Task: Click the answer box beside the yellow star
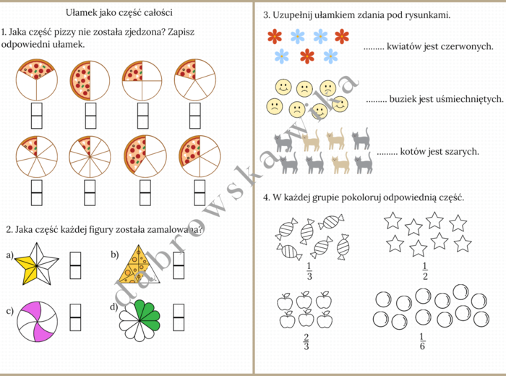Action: click(75, 265)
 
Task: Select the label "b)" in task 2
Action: click(115, 254)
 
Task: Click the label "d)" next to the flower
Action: click(114, 307)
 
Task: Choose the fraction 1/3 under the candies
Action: click(309, 272)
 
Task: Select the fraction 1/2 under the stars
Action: click(425, 272)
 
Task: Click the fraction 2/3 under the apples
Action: click(306, 341)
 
